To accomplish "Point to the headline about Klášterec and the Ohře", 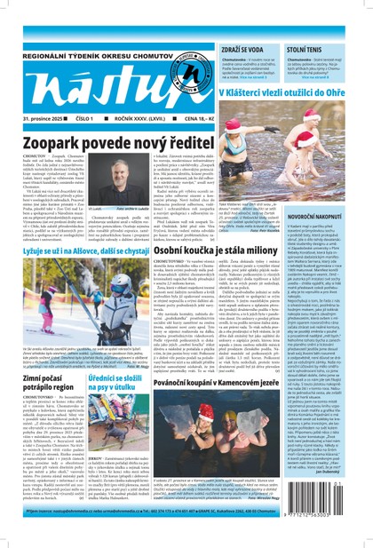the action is coord(293,92).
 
